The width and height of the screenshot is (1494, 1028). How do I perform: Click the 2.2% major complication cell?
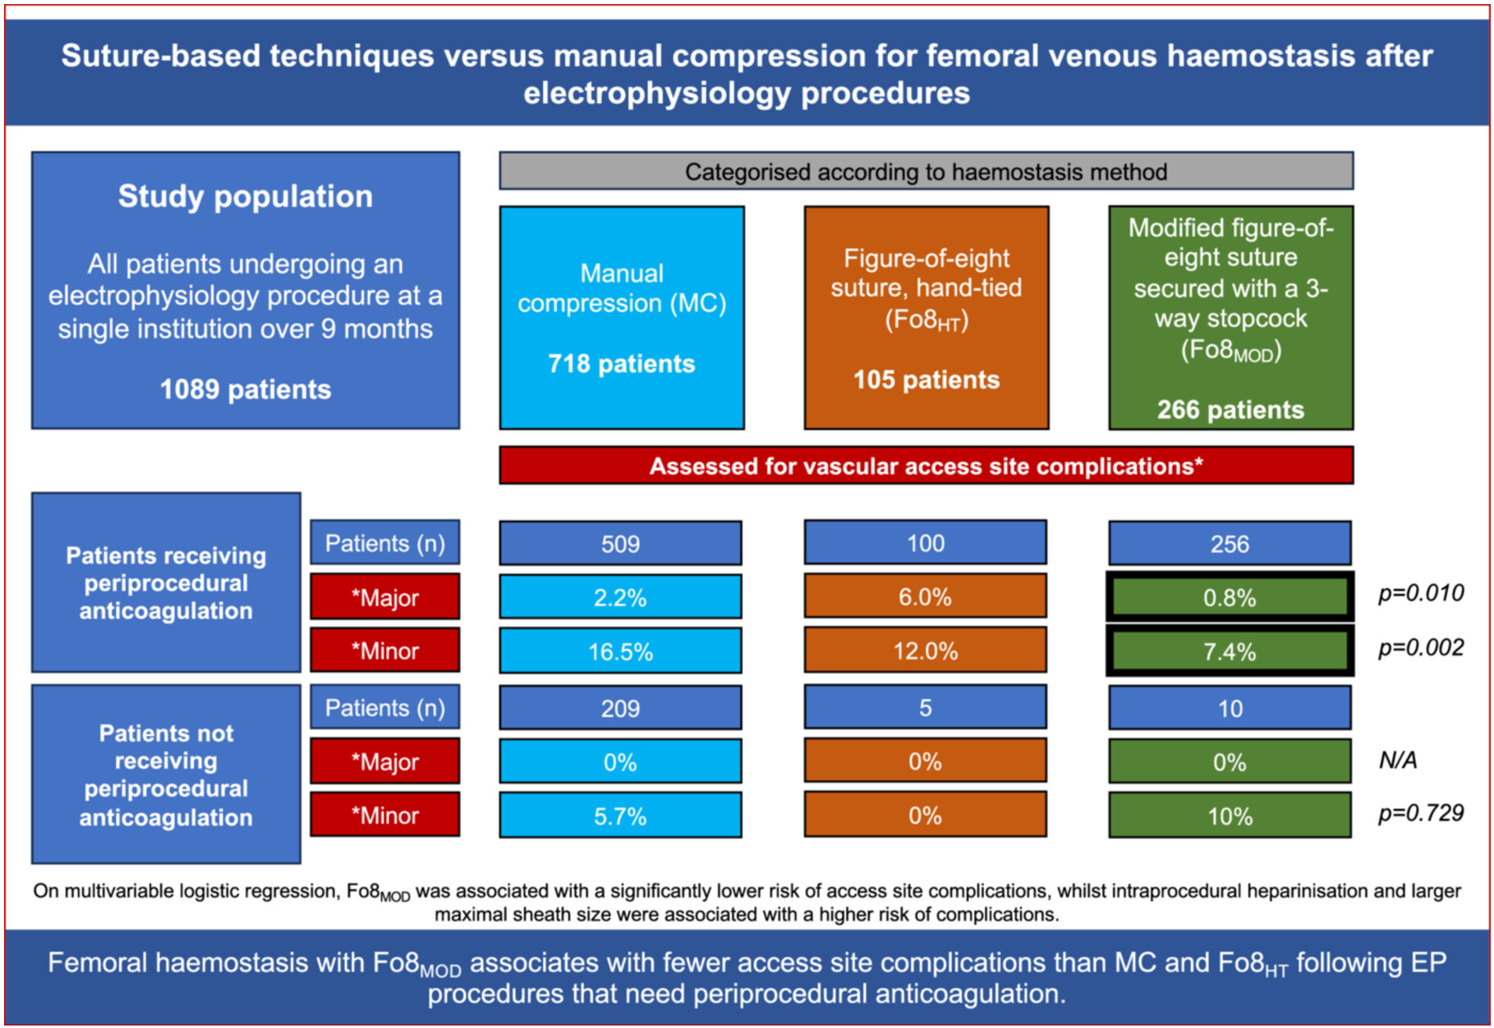tap(620, 597)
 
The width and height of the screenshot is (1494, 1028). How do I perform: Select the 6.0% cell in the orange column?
tap(926, 596)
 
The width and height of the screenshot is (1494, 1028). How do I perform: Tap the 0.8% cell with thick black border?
tap(1230, 597)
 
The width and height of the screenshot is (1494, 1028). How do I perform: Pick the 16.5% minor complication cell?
tap(620, 651)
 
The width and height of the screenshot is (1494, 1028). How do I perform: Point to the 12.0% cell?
tap(926, 650)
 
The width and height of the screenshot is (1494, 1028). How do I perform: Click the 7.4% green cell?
tap(1230, 651)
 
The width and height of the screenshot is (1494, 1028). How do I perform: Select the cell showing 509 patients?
tap(620, 543)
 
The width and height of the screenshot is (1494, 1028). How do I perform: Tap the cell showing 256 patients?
tap(1230, 543)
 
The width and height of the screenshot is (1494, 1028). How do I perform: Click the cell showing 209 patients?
tap(620, 708)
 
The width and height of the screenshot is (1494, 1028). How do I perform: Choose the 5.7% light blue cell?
tap(620, 815)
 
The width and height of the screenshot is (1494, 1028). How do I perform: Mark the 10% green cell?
tap(1230, 815)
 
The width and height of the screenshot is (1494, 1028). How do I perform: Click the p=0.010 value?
tap(1421, 593)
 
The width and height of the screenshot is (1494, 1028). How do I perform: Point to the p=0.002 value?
tap(1421, 648)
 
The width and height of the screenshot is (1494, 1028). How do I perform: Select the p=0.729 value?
tap(1421, 813)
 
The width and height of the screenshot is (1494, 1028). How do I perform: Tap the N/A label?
tap(1398, 760)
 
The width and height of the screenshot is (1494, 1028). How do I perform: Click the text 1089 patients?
tap(246, 389)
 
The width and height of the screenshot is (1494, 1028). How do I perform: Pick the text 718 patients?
tap(622, 363)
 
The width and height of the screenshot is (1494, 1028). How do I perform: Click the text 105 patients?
tap(926, 379)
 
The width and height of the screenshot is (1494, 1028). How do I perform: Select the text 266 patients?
tap(1230, 409)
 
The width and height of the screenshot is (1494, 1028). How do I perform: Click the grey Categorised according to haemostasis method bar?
tap(926, 171)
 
